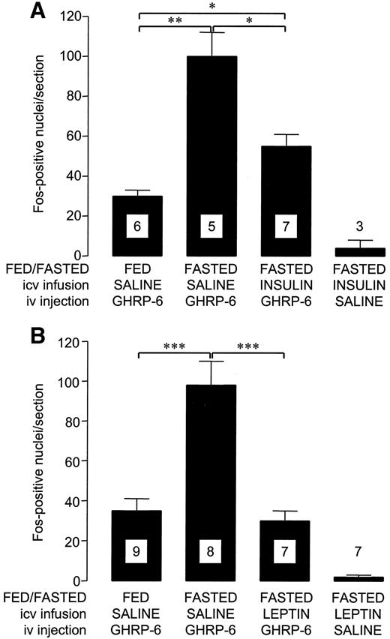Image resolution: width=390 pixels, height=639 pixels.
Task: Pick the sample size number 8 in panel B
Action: [x=211, y=552]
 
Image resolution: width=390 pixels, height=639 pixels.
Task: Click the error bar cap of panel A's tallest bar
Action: [x=211, y=32]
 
